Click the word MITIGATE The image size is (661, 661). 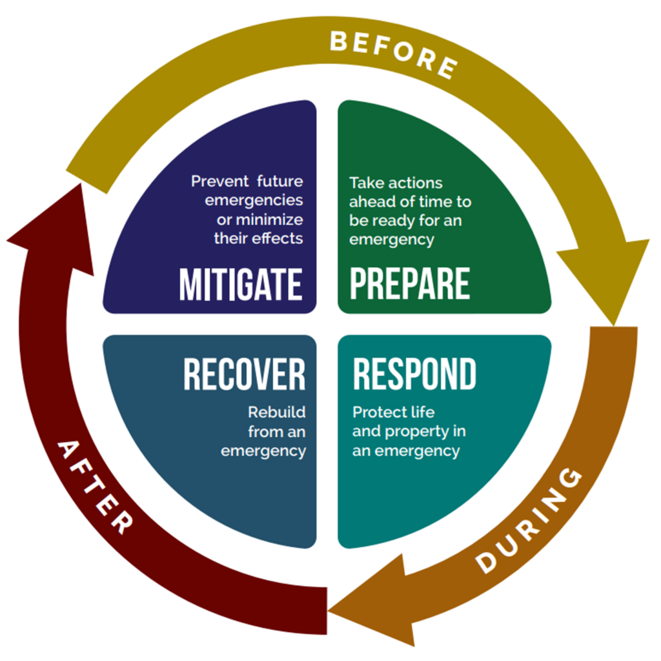(x=241, y=285)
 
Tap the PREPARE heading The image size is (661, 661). (x=410, y=285)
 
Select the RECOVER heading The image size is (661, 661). (x=244, y=374)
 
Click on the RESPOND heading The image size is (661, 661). (x=414, y=374)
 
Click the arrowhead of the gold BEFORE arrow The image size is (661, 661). (x=604, y=278)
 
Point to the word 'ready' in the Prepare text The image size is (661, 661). (x=391, y=221)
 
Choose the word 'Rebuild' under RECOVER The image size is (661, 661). (x=277, y=412)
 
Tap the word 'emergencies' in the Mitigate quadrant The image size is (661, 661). (x=254, y=200)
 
